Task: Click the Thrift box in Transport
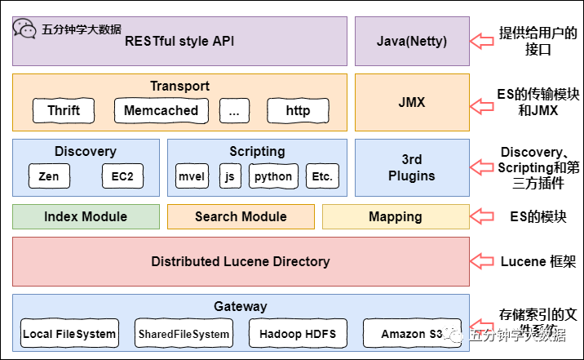tap(64, 110)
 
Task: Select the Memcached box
tap(161, 110)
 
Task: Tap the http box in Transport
tap(298, 110)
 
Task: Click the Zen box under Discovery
tap(48, 176)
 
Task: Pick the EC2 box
tap(122, 176)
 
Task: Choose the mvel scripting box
tap(193, 176)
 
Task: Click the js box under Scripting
tap(231, 176)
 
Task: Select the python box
tap(272, 176)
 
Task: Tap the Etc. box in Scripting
tap(322, 176)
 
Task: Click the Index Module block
tap(86, 216)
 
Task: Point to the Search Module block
tap(241, 216)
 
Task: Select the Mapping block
tap(396, 216)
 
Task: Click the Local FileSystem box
tap(69, 334)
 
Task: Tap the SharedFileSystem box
tap(184, 334)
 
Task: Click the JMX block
tap(412, 103)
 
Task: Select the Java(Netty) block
tap(412, 41)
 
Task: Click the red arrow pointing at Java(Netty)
tap(484, 41)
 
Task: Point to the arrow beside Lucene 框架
tap(484, 261)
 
